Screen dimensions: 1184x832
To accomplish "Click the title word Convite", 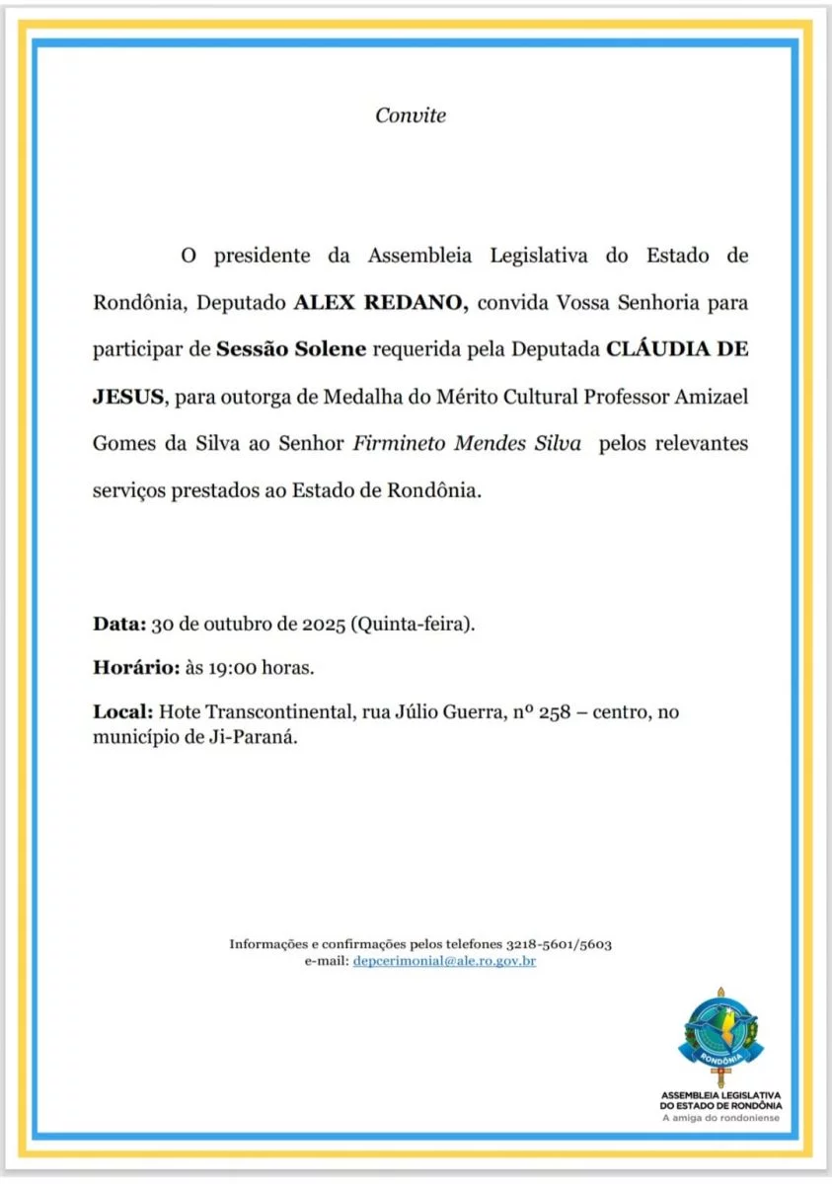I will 411,115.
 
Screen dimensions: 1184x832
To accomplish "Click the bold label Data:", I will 119,624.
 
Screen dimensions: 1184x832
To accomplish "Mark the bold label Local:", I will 122,711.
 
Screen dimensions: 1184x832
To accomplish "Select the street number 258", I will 555,711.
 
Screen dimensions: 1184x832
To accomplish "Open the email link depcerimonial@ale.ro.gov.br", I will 444,960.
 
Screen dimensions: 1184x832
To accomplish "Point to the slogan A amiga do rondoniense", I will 720,1117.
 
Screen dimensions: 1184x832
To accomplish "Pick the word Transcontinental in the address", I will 281,711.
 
